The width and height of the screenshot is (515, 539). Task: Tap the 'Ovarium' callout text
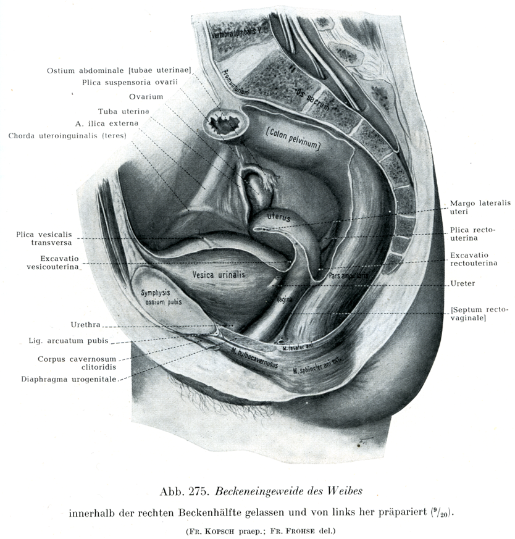(146, 96)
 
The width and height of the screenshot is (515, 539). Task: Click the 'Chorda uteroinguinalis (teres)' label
(67, 136)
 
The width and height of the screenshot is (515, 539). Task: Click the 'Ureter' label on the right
(463, 284)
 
